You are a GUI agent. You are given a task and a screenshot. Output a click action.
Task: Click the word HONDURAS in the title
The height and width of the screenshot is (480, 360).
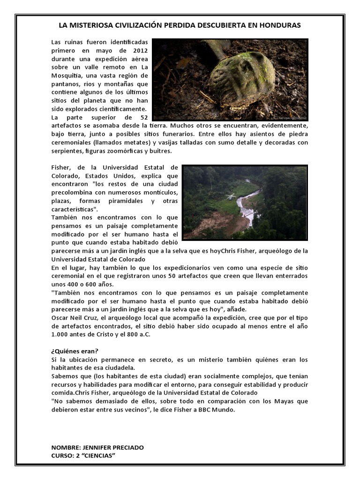(278, 25)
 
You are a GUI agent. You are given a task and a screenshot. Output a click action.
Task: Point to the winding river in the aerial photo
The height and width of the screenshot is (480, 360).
(245, 206)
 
